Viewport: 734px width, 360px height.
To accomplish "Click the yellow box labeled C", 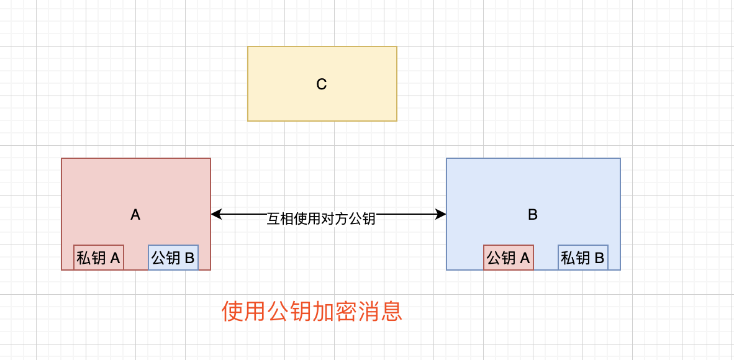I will coord(322,99).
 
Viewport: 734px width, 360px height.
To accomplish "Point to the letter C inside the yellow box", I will coord(322,84).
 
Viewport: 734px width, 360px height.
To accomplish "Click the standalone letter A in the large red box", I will coord(135,215).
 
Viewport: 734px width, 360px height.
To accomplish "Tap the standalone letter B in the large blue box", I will coord(533,215).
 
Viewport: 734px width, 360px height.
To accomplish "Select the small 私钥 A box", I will coord(99,258).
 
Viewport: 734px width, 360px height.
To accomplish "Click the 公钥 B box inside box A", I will coord(173,258).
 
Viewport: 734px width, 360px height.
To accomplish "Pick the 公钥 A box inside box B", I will coord(509,258).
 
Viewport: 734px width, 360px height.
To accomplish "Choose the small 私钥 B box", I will coord(583,258).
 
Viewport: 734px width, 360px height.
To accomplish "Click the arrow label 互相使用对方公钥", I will coord(321,218).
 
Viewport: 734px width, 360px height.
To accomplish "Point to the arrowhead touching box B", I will coord(442,214).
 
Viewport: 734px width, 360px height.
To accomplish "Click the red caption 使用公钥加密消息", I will coord(312,312).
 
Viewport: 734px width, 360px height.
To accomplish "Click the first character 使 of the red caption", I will coord(232,312).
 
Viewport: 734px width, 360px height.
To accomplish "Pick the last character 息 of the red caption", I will coord(392,312).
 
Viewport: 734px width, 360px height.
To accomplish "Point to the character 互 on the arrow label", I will coord(273,218).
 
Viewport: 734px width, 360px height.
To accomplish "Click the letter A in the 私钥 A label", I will coord(115,258).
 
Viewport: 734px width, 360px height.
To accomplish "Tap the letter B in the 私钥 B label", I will coord(599,258).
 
